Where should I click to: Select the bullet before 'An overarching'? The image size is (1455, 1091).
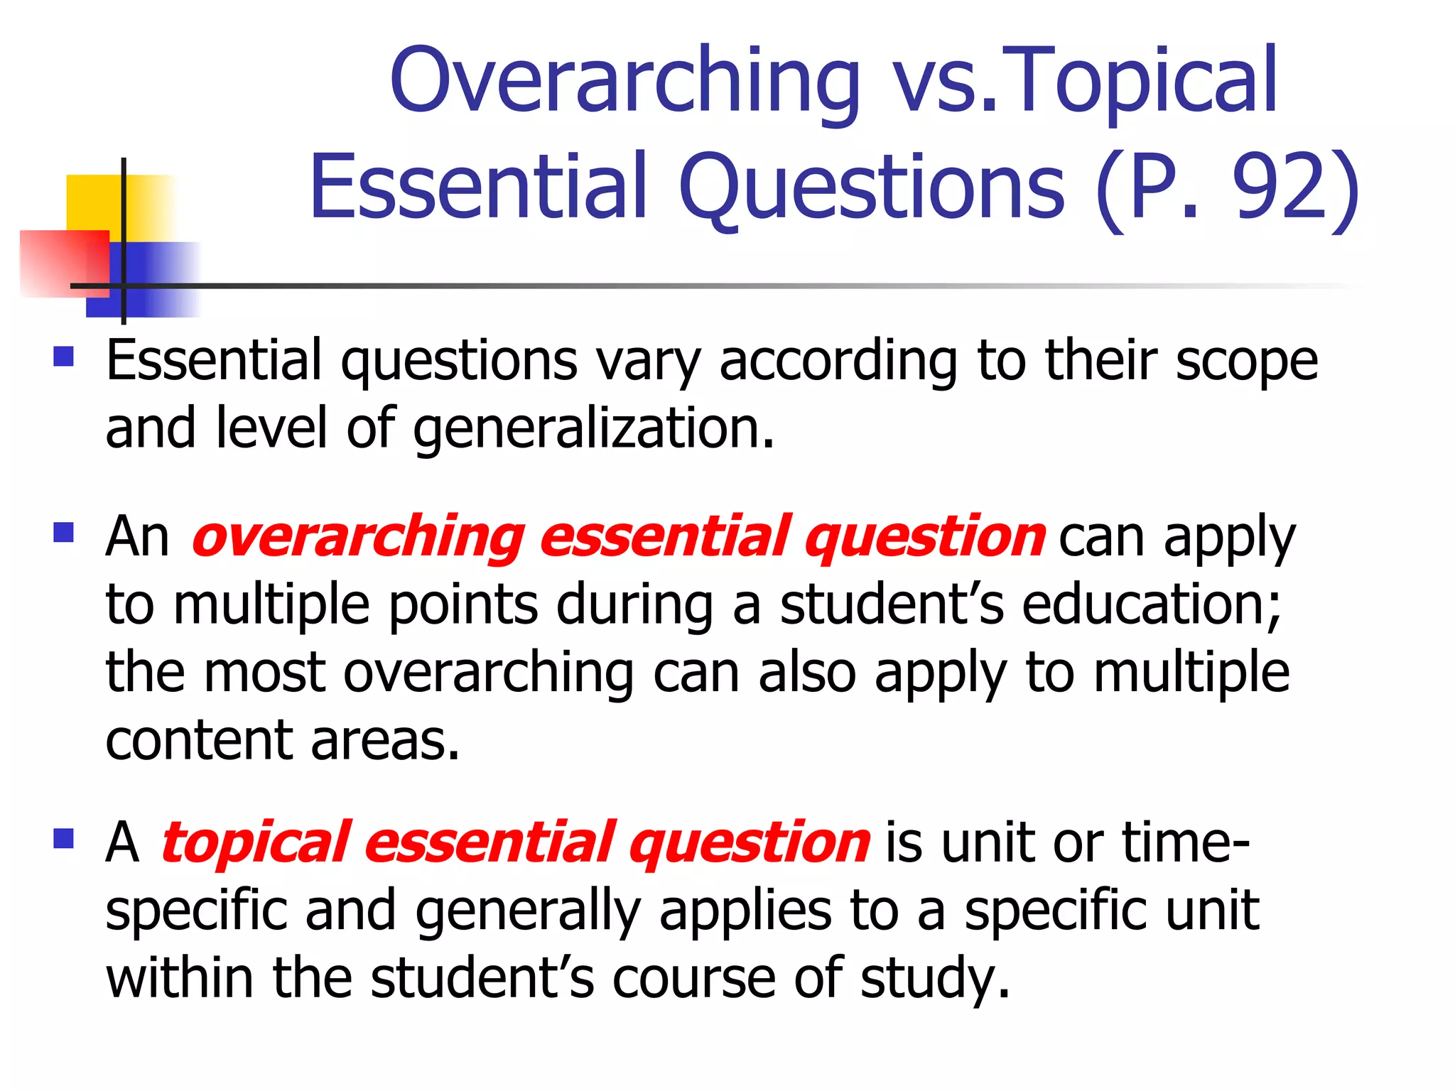click(x=64, y=532)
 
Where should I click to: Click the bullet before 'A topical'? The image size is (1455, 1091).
click(x=64, y=839)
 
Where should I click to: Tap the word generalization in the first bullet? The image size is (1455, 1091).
click(x=593, y=429)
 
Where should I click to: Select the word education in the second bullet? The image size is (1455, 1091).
click(x=1151, y=604)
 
